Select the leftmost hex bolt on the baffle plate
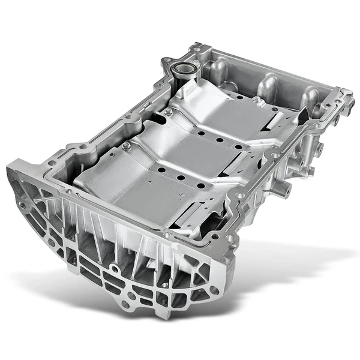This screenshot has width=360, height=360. (127, 145)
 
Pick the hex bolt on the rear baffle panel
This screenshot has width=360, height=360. (256, 100)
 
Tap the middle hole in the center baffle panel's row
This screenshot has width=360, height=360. (220, 140)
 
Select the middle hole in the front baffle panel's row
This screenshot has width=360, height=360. (179, 178)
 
